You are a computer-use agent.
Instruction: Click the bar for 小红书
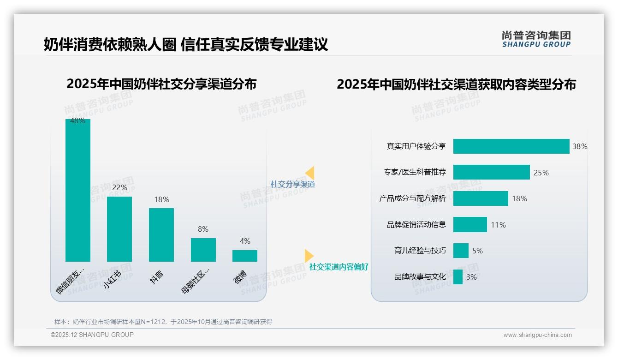(119, 229)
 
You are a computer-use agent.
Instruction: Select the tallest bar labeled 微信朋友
(78, 190)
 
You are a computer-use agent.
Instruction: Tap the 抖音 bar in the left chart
(161, 234)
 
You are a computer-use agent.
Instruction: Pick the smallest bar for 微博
(245, 256)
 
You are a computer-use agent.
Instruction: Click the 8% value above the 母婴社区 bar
(203, 229)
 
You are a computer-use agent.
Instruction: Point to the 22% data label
(119, 187)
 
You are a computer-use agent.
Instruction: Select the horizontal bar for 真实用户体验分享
(511, 146)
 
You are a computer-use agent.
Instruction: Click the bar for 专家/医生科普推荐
(491, 172)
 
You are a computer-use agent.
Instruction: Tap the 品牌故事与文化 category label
(420, 277)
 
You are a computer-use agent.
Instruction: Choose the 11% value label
(498, 225)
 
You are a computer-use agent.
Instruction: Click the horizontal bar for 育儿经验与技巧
(461, 251)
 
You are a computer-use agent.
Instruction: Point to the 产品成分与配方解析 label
(412, 198)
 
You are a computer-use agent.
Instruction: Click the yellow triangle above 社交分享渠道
(310, 173)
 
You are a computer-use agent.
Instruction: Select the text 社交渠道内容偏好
(339, 267)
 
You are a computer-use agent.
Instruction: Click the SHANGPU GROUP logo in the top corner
(536, 39)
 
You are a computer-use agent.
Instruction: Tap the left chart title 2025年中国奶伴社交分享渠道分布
(161, 84)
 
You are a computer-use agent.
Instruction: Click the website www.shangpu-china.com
(537, 335)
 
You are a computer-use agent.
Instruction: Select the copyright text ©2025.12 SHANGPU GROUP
(92, 335)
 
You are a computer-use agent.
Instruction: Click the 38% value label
(580, 146)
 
